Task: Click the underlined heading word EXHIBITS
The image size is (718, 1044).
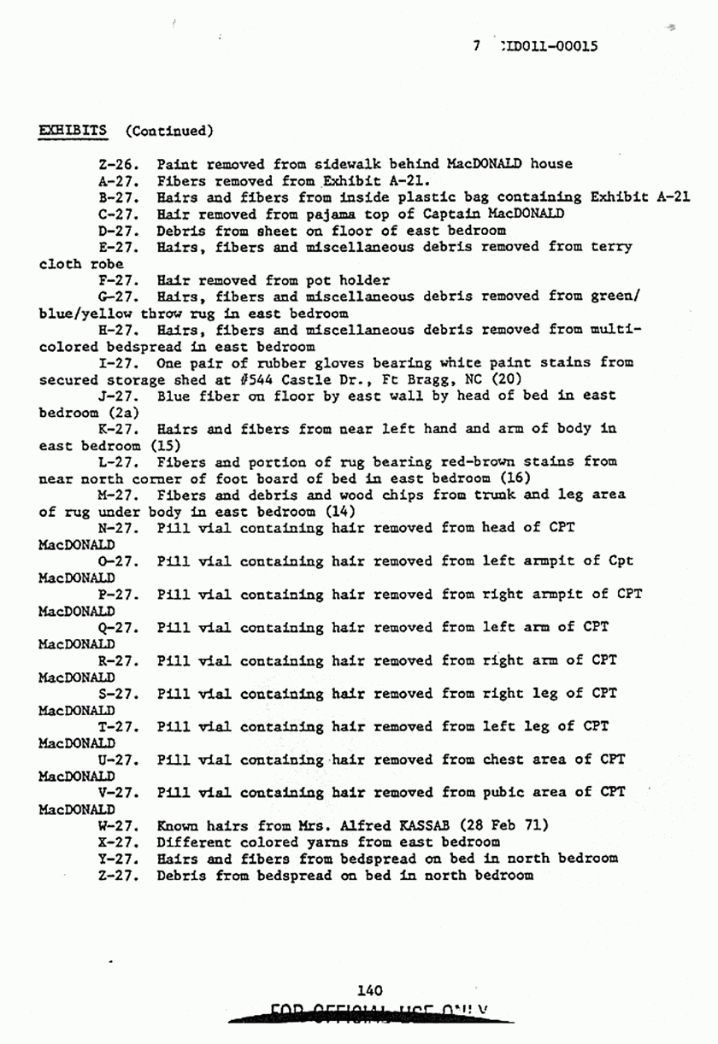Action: click(x=73, y=131)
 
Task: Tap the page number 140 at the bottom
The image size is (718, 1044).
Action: click(x=369, y=991)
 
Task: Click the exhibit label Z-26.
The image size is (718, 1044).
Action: click(x=119, y=164)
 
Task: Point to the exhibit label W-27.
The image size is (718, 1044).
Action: click(x=119, y=826)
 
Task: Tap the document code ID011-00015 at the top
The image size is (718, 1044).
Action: click(x=545, y=47)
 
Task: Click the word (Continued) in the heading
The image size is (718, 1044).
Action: click(x=168, y=131)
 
